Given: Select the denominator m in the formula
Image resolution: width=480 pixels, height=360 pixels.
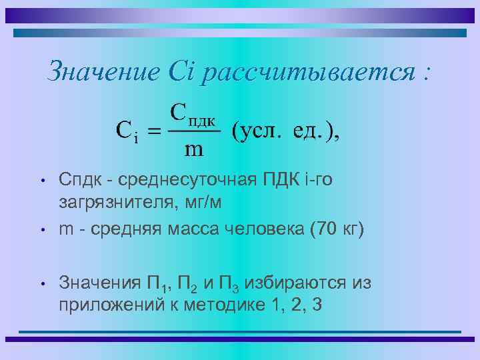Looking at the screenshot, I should pyautogui.click(x=193, y=150).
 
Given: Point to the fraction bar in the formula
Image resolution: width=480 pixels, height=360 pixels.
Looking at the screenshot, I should pyautogui.click(x=193, y=131).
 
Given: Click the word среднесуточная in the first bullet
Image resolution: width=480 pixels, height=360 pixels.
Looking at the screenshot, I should pyautogui.click(x=177, y=179).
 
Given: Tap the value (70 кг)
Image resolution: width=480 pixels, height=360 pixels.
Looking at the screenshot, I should pyautogui.click(x=337, y=230).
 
